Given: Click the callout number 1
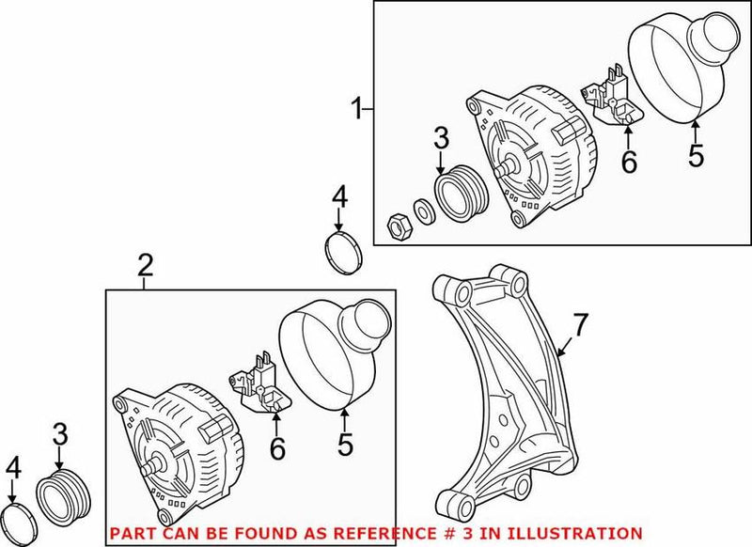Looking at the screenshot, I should click(357, 110).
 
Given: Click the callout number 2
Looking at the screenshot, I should click(144, 267).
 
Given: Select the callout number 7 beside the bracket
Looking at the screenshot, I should click(580, 325).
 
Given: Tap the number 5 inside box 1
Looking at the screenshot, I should click(695, 156).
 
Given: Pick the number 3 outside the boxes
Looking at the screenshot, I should click(59, 434).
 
